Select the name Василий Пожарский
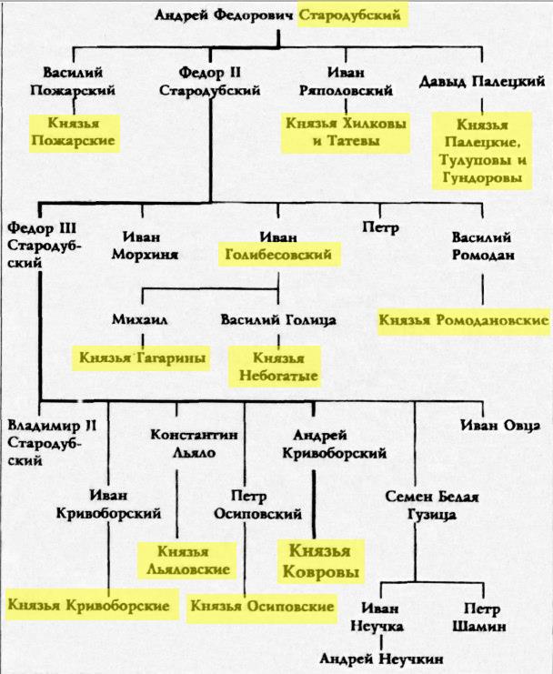[x=73, y=81]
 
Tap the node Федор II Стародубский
[x=210, y=81]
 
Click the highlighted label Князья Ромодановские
[x=464, y=320]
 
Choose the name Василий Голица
[x=279, y=320]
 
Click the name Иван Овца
[x=492, y=422]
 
